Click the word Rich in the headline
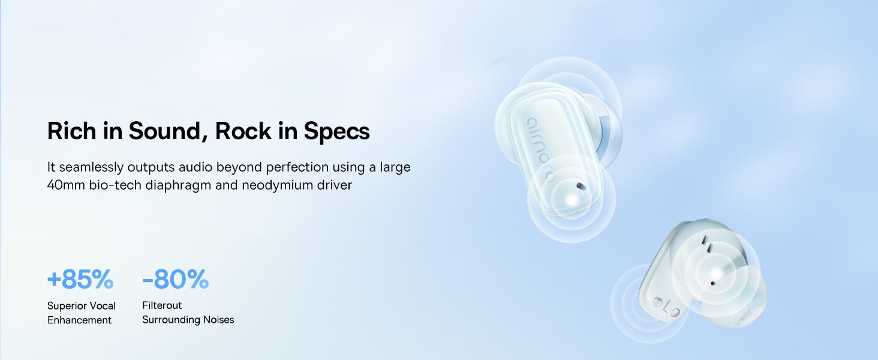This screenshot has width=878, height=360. [71, 131]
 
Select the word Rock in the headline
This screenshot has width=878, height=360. [243, 131]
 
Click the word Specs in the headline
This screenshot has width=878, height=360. [336, 131]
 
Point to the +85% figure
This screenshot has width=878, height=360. [80, 279]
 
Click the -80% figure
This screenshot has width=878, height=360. [176, 279]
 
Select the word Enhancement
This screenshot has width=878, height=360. [80, 320]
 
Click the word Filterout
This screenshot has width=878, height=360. [162, 305]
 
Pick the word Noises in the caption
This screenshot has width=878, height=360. [218, 320]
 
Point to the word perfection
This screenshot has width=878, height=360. [297, 167]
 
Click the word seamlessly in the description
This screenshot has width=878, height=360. [91, 167]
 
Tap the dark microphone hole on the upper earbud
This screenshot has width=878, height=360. [581, 186]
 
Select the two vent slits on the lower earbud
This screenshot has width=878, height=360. [706, 244]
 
